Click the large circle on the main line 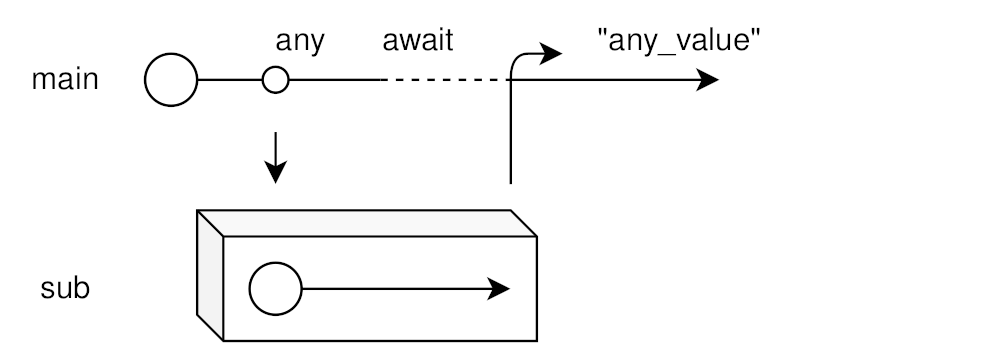pyautogui.click(x=171, y=80)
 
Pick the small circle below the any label pyautogui.click(x=275, y=80)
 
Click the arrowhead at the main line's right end pyautogui.click(x=708, y=80)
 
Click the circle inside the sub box pyautogui.click(x=275, y=290)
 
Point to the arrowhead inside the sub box pyautogui.click(x=501, y=290)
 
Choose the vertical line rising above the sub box pyautogui.click(x=512, y=140)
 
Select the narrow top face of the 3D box pyautogui.click(x=366, y=223)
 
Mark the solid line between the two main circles pyautogui.click(x=231, y=80)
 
